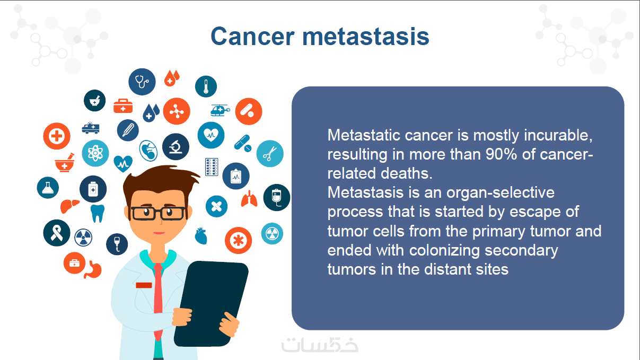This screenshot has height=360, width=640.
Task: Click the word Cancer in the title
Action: click(x=252, y=37)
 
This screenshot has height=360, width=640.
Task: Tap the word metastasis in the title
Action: click(x=366, y=37)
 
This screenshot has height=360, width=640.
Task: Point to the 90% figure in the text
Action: click(x=502, y=154)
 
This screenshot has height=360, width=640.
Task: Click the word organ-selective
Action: click(x=501, y=192)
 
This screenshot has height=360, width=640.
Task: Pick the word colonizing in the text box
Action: click(x=444, y=251)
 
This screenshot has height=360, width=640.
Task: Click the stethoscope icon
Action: click(x=142, y=82)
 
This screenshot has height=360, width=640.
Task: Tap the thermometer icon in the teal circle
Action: click(x=206, y=86)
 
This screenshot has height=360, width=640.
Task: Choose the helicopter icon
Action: click(x=220, y=110)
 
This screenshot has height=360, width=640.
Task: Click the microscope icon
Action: click(x=176, y=146)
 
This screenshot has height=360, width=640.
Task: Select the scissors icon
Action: click(x=270, y=154)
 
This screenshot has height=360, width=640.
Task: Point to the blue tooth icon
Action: click(x=98, y=213)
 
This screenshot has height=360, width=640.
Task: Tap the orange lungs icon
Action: click(x=249, y=199)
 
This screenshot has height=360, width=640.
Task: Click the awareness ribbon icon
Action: click(x=57, y=233)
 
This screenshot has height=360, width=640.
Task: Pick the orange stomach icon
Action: click(x=93, y=269)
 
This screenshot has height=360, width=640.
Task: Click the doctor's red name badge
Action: click(x=144, y=285)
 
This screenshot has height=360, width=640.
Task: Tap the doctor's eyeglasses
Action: click(x=157, y=214)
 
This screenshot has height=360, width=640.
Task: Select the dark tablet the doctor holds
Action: click(x=212, y=304)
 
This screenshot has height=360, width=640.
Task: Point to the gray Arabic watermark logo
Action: click(x=320, y=345)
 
